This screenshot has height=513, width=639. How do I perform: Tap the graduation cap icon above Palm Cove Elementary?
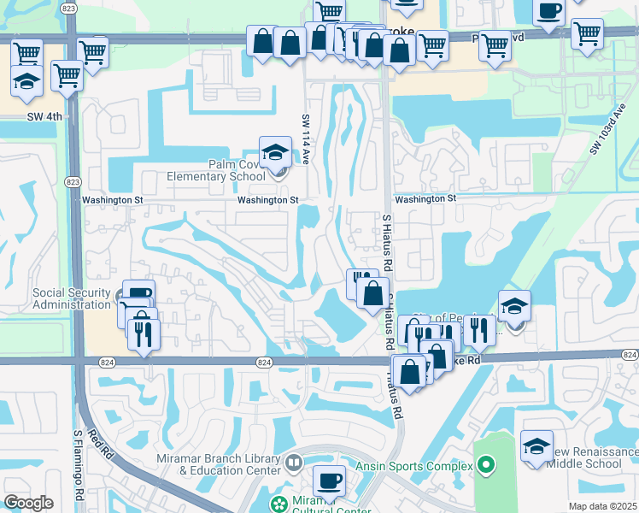275,153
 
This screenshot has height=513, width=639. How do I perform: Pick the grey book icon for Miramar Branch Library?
294,463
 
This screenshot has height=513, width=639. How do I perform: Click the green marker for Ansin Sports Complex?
486,465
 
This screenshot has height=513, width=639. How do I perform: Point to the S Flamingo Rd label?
76,467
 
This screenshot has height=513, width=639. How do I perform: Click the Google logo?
28,503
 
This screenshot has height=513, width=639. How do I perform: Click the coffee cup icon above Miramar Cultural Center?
329,481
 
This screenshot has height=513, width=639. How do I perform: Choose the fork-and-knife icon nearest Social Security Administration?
144,332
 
